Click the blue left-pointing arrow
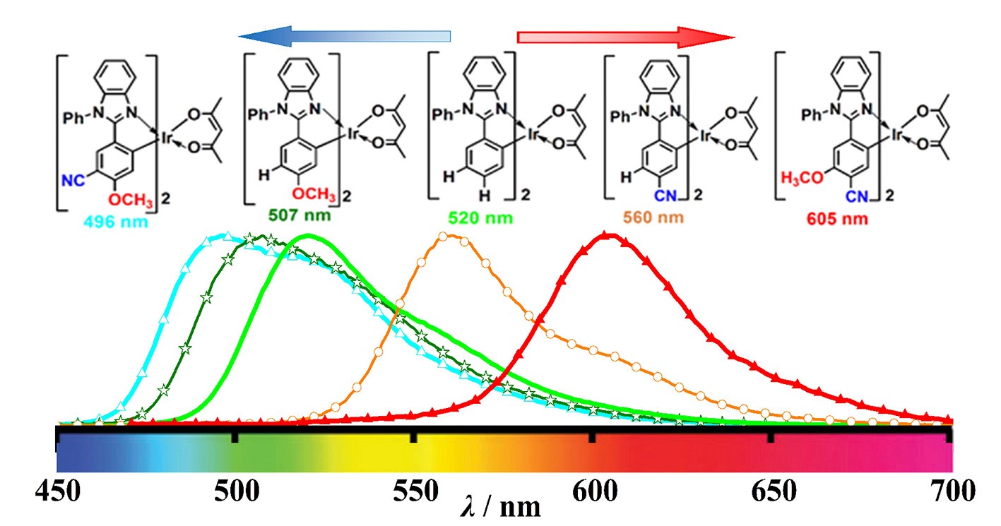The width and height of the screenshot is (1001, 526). tap(345, 35)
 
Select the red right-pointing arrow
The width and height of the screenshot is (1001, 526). tap(626, 35)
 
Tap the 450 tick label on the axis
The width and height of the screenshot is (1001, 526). tap(57, 491)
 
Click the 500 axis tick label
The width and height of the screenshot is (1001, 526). tap(235, 491)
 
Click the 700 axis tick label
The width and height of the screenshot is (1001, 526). tap(947, 491)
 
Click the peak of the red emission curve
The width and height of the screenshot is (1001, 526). tap(606, 234)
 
